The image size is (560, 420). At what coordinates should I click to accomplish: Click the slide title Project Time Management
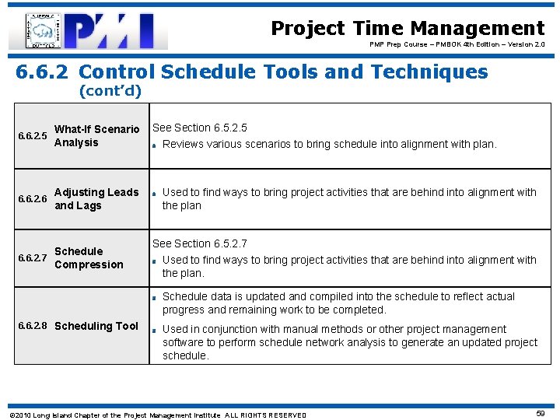[408, 29]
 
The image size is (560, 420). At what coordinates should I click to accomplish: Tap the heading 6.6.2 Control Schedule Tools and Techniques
[252, 72]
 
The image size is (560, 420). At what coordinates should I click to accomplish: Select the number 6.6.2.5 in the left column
[32, 137]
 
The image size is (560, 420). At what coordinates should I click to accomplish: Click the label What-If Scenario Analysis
[96, 136]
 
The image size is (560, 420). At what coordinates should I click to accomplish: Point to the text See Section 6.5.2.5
[199, 128]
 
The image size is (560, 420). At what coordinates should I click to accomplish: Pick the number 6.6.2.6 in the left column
[32, 200]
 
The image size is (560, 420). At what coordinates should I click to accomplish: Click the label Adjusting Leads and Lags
[96, 199]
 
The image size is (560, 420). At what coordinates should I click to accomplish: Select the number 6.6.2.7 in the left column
[32, 258]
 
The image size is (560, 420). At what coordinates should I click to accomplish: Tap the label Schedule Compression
[89, 258]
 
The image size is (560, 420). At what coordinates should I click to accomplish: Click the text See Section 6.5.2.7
[199, 243]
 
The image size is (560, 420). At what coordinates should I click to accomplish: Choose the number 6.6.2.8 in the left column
[32, 326]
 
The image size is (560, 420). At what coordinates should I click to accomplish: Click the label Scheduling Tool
[96, 326]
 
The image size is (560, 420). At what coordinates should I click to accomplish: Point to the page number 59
[540, 414]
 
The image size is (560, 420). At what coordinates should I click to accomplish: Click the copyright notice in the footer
[157, 415]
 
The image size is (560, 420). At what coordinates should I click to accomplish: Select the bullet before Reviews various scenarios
[156, 145]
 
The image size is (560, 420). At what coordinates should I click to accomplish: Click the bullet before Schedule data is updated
[156, 297]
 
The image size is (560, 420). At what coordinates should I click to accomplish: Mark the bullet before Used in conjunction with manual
[156, 330]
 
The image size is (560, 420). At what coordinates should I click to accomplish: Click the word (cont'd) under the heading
[110, 91]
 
